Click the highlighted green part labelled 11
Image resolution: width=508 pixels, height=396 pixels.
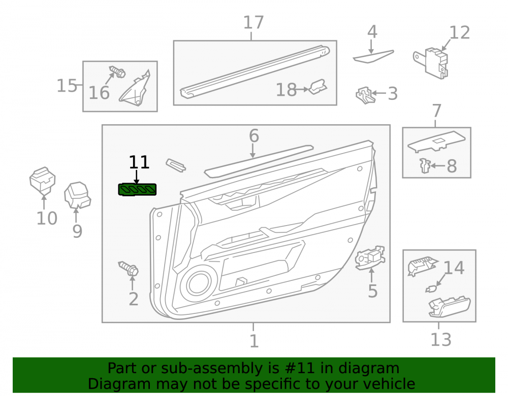(137, 190)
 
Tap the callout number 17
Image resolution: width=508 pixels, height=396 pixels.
(253, 23)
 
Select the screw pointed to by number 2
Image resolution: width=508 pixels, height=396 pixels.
(129, 268)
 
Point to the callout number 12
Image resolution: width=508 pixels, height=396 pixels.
(459, 32)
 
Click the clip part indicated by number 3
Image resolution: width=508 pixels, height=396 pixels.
(365, 95)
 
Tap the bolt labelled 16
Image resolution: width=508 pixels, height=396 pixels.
(117, 72)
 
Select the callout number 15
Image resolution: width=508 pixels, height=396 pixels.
(67, 86)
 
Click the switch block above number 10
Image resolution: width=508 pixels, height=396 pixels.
(43, 181)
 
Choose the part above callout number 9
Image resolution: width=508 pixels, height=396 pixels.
(77, 195)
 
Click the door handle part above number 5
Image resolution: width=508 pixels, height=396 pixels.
(370, 257)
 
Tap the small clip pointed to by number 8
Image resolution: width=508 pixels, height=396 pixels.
(424, 165)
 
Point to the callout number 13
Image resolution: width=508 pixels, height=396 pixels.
(440, 339)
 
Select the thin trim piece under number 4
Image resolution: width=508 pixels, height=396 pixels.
(373, 57)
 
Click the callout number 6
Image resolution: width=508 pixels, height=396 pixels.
(254, 136)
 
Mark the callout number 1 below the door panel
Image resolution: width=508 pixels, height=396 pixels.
(254, 341)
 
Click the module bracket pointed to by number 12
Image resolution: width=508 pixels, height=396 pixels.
(431, 63)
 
